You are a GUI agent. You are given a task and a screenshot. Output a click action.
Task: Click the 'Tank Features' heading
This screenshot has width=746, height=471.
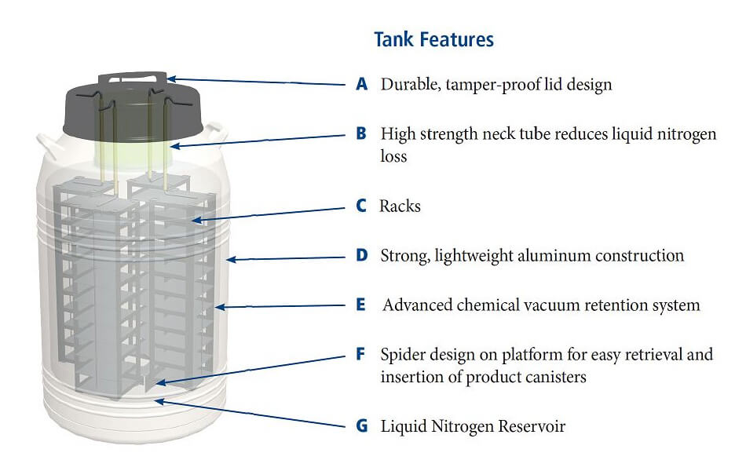[x=433, y=39]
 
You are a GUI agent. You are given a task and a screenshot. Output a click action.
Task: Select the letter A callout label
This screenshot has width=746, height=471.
[x=361, y=84]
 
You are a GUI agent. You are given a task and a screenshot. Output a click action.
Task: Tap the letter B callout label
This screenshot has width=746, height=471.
[x=361, y=133]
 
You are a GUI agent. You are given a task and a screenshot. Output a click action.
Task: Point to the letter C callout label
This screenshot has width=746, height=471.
[x=361, y=206]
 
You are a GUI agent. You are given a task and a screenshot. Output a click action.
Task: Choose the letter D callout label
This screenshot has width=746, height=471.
[x=361, y=256]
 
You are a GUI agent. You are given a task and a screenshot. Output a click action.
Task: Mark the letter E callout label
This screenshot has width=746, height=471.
[x=361, y=305]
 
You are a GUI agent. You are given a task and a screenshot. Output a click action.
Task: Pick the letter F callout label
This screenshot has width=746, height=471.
[x=361, y=354]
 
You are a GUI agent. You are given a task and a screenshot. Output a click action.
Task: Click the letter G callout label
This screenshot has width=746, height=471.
[x=361, y=426]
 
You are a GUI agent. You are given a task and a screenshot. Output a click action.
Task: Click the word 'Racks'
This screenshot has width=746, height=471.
[x=400, y=206]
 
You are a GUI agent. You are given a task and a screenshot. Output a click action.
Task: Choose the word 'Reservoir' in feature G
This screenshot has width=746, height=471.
[x=528, y=426]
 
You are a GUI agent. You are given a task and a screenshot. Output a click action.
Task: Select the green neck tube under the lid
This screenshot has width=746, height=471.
[x=133, y=153]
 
